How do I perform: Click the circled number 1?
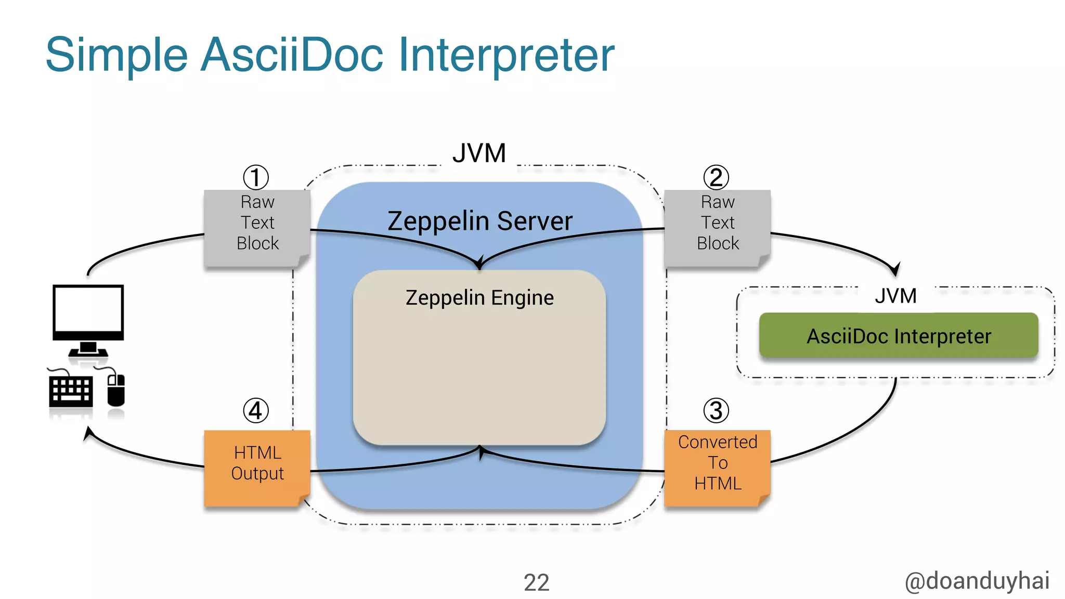[256, 177]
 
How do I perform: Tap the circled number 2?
[716, 177]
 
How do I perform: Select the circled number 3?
[716, 411]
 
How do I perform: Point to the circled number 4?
[256, 411]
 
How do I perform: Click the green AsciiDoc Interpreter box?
[899, 336]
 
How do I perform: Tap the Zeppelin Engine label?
[479, 298]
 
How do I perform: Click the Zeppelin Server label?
[479, 221]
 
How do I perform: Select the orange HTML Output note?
[257, 466]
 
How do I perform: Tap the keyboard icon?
[70, 391]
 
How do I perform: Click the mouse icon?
[116, 390]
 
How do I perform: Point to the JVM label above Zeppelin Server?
[479, 153]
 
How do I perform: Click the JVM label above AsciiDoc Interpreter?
[895, 296]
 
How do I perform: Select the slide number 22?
[536, 582]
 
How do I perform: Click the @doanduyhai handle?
[977, 581]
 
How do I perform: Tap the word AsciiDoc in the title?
[292, 55]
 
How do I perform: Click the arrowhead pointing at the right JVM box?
[894, 270]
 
